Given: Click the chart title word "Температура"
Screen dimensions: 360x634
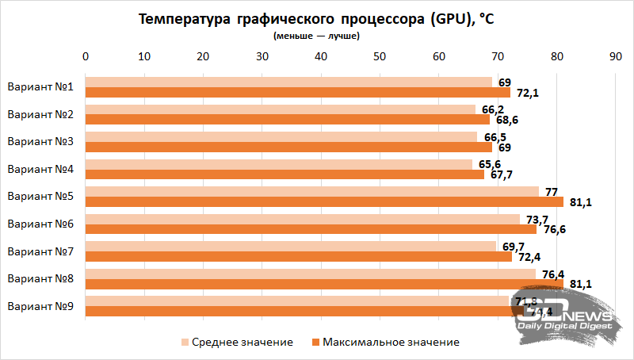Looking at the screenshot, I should [183, 20].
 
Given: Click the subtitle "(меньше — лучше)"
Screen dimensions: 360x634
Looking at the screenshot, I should [316, 36].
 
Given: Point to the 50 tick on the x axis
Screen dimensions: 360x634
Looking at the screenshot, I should [379, 56].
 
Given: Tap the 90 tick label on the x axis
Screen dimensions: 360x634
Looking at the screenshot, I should [614, 56].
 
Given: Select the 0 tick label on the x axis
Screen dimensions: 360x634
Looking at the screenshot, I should [86, 56].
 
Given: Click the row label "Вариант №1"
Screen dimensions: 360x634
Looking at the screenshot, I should [40, 87].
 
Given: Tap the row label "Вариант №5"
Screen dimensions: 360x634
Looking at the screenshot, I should [40, 197].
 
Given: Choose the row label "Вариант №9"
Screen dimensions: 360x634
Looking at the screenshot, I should [40, 306].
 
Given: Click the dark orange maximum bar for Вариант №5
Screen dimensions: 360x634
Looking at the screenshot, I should [324, 201].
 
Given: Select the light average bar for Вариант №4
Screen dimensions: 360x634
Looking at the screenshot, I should [278, 164].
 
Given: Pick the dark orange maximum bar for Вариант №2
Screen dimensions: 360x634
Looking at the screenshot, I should [287, 120].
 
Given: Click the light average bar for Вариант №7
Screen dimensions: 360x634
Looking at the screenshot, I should [290, 246].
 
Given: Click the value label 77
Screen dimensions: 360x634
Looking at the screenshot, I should [551, 191].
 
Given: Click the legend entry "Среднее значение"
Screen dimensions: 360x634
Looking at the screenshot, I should [237, 342].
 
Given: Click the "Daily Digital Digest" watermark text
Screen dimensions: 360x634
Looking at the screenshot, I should [564, 326].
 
